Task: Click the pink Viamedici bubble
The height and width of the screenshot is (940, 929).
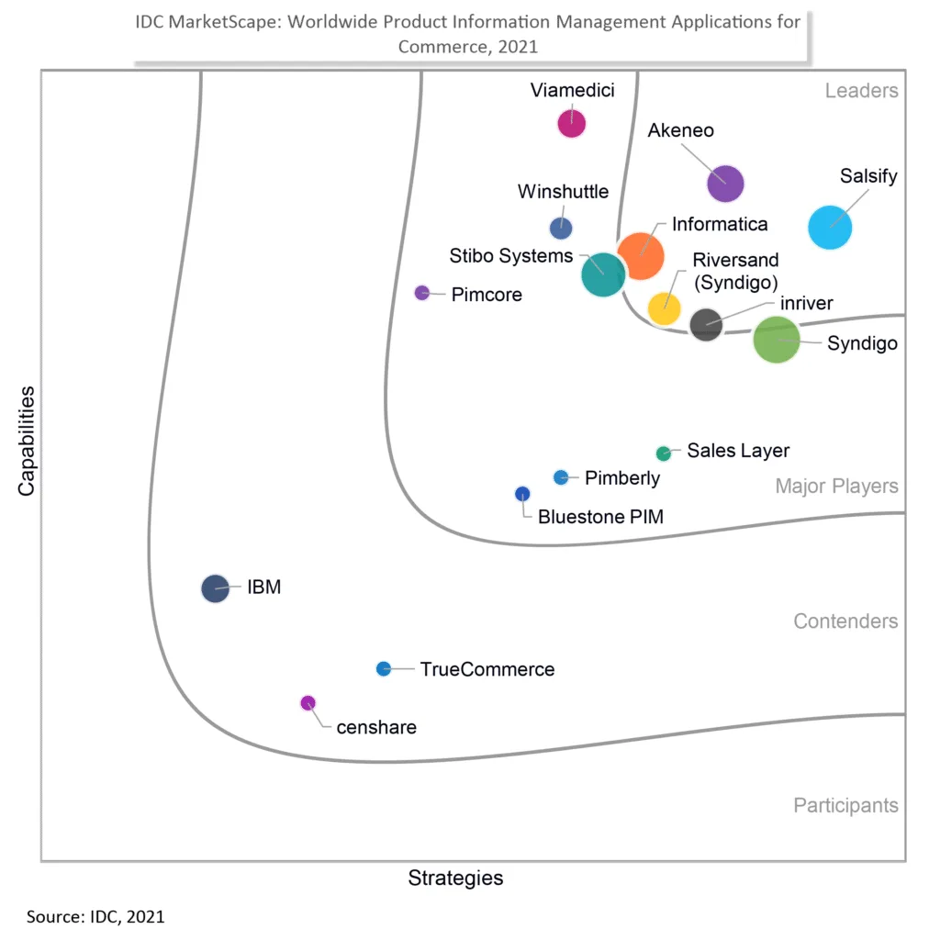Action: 572,123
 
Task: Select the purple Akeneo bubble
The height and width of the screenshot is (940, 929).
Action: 725,183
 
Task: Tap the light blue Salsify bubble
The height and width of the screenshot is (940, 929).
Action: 830,227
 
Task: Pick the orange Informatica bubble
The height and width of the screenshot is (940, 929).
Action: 641,255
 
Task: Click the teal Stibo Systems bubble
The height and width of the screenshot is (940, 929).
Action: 603,274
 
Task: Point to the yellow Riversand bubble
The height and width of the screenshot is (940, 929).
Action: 664,308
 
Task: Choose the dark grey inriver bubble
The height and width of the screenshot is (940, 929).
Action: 706,324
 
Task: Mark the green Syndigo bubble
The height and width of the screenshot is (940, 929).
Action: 777,340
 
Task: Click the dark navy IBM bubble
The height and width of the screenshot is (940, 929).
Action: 215,587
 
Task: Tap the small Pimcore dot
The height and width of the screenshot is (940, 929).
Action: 422,293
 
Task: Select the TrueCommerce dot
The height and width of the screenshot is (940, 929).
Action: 384,668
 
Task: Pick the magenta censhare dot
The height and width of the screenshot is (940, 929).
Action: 308,703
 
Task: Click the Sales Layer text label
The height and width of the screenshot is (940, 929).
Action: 738,451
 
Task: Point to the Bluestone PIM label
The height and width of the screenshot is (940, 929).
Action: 600,517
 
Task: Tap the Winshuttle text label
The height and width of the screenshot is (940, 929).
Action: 563,192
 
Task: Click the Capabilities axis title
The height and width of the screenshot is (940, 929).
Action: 27,441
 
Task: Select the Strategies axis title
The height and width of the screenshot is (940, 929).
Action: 455,878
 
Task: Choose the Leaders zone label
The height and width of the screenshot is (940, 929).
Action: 861,90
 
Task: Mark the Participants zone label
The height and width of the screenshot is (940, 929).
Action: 845,805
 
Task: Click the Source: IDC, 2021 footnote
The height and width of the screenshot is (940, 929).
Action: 95,916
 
